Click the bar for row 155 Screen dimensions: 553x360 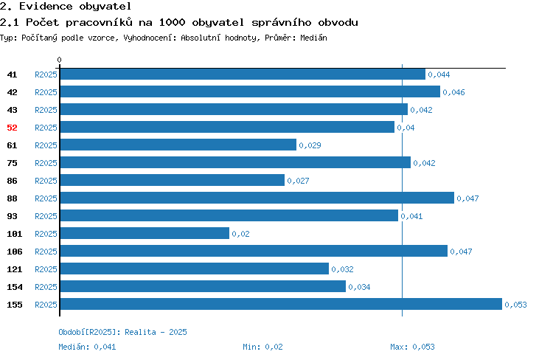[281, 304]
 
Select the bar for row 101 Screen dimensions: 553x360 [145, 233]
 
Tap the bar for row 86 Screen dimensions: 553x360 [173, 180]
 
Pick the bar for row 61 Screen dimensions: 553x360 [178, 145]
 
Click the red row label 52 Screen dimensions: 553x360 [12, 128]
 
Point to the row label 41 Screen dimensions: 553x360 [12, 75]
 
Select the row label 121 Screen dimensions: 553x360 [15, 269]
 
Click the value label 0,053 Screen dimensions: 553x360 [515, 305]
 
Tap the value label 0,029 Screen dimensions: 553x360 [310, 145]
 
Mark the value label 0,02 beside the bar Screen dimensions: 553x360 [240, 234]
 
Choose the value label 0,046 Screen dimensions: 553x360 [454, 92]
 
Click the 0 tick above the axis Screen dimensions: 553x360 [59, 60]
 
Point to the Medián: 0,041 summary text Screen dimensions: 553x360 [87, 347]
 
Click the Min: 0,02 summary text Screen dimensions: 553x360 [262, 347]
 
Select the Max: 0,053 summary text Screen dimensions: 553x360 [412, 347]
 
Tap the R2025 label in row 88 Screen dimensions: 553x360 [46, 198]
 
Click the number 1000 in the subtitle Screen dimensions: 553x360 [172, 22]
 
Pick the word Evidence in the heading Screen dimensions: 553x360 [46, 6]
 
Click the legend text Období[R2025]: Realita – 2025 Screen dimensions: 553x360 [122, 332]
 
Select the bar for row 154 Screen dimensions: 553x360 [204, 286]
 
